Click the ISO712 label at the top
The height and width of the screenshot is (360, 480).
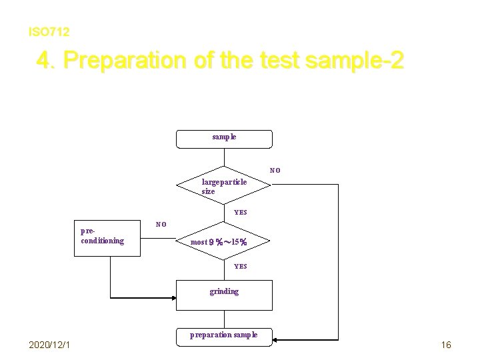tap(49, 31)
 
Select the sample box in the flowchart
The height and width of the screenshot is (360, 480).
tap(224, 138)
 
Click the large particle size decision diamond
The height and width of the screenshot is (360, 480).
tap(224, 185)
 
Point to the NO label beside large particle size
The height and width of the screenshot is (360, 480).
tap(275, 170)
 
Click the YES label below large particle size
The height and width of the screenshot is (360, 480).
tap(240, 213)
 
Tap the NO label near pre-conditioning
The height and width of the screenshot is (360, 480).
tap(161, 224)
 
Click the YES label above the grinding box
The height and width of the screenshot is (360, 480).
tap(240, 266)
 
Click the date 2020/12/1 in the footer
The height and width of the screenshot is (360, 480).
tap(51, 344)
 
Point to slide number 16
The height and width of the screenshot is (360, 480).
tap(446, 345)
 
